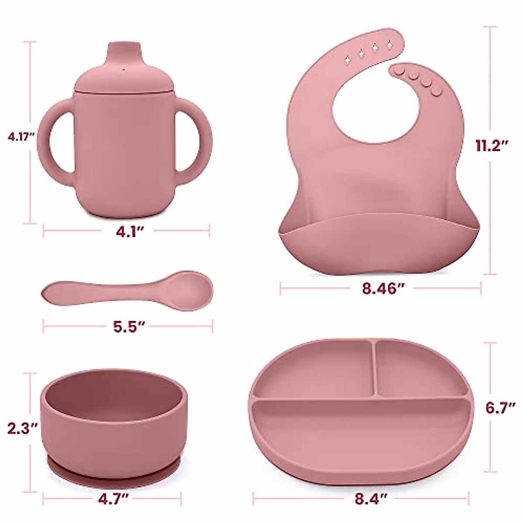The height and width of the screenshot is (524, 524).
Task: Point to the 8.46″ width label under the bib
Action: [x=383, y=288]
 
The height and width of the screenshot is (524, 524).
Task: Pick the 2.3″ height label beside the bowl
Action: [x=22, y=428]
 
